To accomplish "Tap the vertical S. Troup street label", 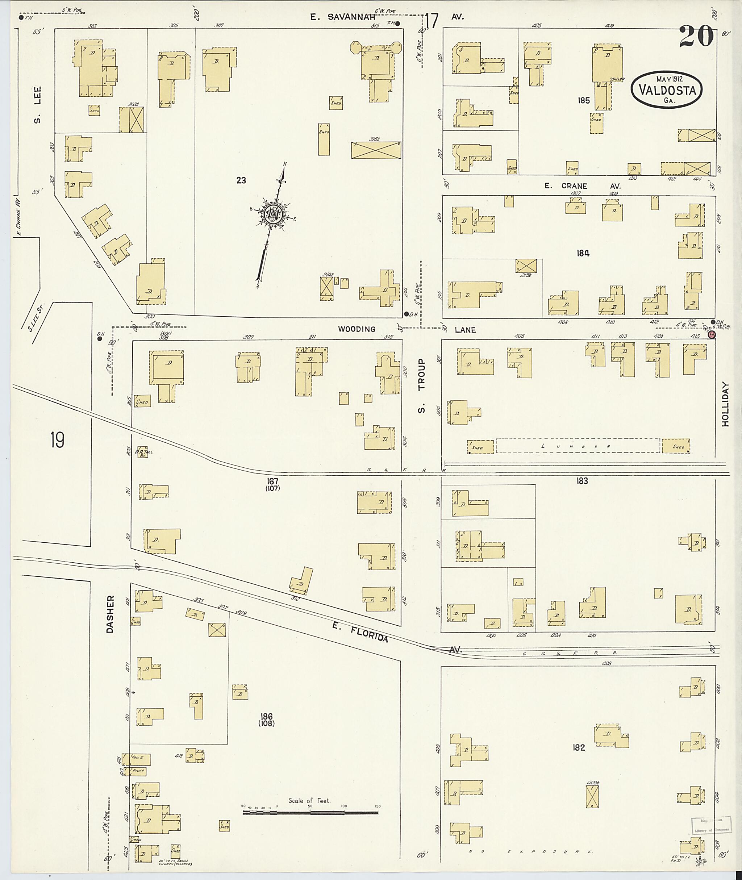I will pos(421,386).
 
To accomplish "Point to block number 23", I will pos(241,180).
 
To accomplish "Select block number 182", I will pos(579,747).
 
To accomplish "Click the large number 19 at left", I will pos(57,440).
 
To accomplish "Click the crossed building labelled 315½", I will pos(376,150).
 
